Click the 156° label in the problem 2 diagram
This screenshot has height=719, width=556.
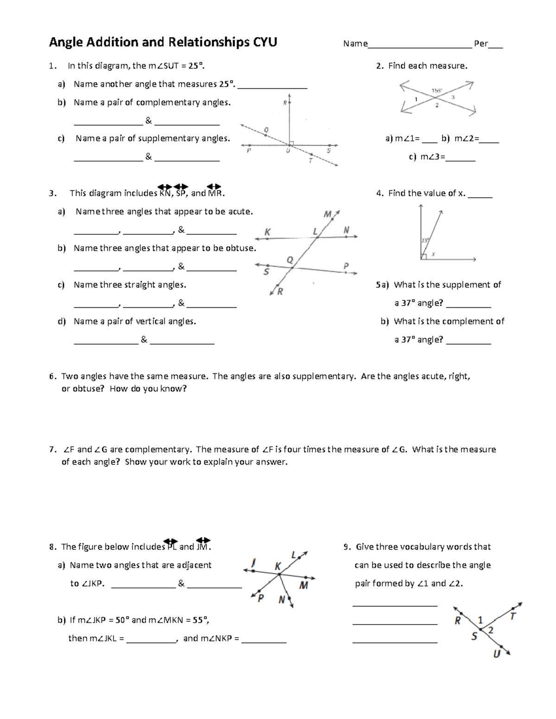437,91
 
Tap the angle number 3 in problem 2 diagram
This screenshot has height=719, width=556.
453,97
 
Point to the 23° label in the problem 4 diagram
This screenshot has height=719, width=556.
425,240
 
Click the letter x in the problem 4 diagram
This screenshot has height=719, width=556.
434,254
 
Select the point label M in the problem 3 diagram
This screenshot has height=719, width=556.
328,214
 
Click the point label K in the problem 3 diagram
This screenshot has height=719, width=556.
267,232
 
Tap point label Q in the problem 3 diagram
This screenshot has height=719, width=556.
290,260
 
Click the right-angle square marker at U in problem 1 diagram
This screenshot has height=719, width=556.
291,143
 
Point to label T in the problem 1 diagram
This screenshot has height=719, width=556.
310,160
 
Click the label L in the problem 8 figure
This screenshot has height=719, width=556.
294,555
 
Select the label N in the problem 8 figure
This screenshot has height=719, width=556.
282,600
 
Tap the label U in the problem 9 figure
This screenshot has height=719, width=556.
497,654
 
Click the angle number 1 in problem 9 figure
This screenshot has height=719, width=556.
480,620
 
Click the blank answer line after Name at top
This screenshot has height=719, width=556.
419,44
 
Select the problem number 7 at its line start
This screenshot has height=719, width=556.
52,450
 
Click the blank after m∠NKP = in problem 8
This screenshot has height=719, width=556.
264,639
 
